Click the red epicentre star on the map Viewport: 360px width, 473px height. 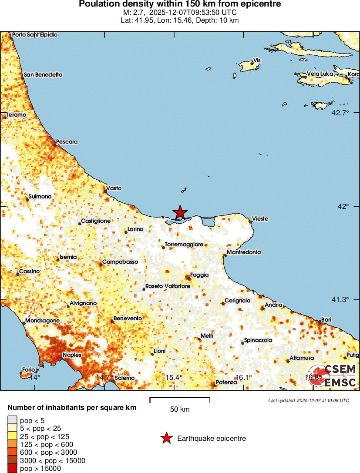(x=180, y=212)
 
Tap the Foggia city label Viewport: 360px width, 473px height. (x=199, y=275)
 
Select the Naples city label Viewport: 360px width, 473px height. (x=72, y=355)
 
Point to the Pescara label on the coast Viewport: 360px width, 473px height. (x=67, y=142)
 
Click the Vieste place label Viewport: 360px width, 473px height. (x=260, y=218)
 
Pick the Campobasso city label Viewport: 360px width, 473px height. (x=120, y=262)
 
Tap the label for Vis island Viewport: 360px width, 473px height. (x=257, y=60)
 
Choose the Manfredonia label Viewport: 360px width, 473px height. (x=244, y=252)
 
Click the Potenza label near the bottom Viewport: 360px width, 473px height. (x=226, y=382)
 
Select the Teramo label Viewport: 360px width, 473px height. (x=16, y=115)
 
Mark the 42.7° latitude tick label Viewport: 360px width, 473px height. (x=341, y=113)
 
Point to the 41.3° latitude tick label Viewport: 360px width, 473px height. (x=341, y=299)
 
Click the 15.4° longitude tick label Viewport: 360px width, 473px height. (x=174, y=377)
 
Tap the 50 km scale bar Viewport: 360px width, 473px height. (x=180, y=400)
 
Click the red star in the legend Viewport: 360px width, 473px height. (x=166, y=439)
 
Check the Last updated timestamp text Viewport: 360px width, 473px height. (x=308, y=400)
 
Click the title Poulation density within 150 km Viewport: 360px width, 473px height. (x=180, y=4)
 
